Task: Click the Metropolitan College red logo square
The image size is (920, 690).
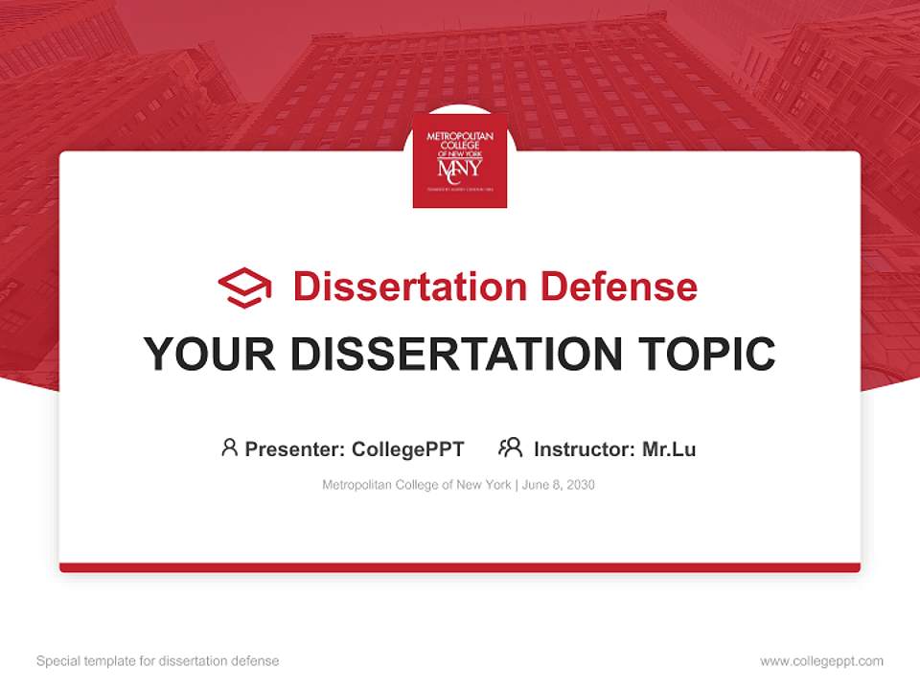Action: tap(460, 161)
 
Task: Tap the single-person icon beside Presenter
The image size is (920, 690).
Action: tap(229, 448)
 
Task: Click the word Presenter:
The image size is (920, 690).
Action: tap(295, 448)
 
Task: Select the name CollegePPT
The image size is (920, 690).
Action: tap(408, 448)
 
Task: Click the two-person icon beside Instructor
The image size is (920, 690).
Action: tap(511, 448)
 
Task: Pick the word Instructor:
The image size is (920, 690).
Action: tap(585, 448)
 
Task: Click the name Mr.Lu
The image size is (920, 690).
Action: tap(669, 448)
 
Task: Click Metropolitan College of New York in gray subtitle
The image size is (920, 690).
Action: tap(417, 485)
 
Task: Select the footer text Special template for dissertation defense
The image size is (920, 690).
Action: tap(158, 661)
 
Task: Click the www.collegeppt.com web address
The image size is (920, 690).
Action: tap(821, 661)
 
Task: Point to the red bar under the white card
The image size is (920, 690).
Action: tap(460, 567)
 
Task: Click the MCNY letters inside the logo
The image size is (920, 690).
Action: tap(460, 169)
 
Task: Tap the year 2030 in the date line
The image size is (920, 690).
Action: tap(580, 485)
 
